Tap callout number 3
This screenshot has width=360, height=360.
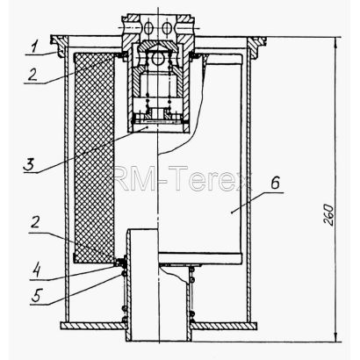point(30,164)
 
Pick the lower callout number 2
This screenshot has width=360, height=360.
point(34,224)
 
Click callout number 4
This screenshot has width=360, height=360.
point(36,270)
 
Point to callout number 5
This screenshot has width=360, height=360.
point(36,295)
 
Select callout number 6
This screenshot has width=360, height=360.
point(275,184)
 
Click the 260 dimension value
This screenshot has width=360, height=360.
point(328,214)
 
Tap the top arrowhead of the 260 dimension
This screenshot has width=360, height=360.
point(336,41)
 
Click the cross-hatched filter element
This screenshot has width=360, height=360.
point(94,158)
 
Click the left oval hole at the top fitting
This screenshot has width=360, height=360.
point(148,28)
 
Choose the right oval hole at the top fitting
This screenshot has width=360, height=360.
point(166,28)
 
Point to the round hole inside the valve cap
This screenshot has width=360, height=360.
point(157,58)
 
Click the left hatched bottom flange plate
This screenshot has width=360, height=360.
point(93,325)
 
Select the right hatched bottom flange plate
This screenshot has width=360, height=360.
point(224,326)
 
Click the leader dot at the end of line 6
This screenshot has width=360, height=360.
point(231,212)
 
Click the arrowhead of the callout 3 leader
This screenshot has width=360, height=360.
point(147,127)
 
